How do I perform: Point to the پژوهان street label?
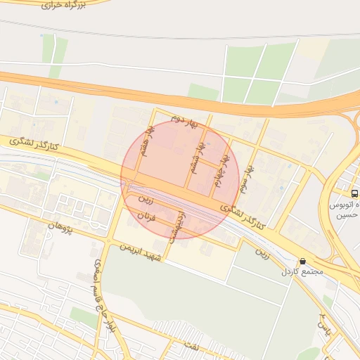pos(60,226)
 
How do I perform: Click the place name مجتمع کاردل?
pos(303,271)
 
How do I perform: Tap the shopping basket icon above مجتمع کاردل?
pos(303,261)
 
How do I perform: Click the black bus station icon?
pos(354,193)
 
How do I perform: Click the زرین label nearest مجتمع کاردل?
pos(263,251)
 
